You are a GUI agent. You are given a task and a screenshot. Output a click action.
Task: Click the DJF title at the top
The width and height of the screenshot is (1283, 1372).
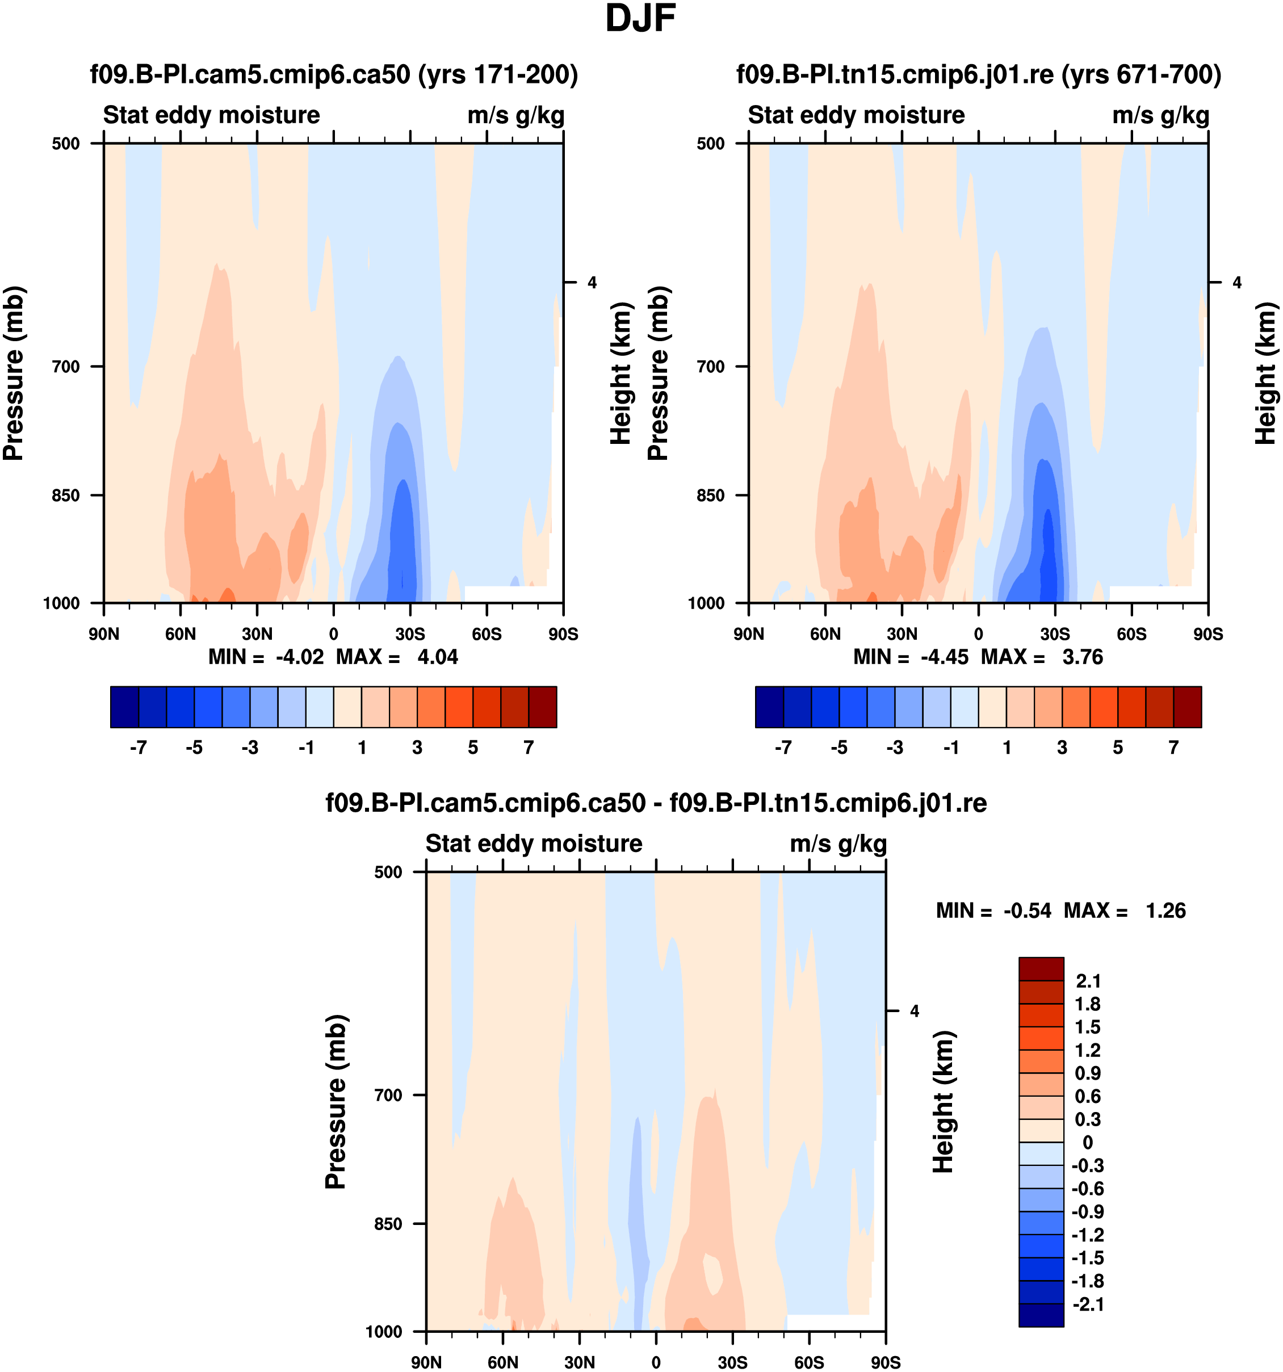pos(640,19)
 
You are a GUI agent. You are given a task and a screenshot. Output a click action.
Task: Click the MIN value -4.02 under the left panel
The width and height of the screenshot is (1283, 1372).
pos(300,657)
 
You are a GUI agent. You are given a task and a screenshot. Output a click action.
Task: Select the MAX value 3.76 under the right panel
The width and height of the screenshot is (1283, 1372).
pos(1082,657)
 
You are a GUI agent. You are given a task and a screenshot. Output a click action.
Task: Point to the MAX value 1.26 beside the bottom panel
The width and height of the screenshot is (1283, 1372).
pos(1165,911)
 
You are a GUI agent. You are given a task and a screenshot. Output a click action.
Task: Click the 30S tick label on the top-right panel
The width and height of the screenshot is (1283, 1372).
pos(1055,634)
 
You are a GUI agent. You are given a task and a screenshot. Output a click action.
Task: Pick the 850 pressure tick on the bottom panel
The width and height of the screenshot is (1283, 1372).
pos(388,1224)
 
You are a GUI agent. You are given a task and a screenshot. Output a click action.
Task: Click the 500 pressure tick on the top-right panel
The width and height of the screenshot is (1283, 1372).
pos(711,144)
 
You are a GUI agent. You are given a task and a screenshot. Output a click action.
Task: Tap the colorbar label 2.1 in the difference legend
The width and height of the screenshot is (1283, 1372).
pos(1088,981)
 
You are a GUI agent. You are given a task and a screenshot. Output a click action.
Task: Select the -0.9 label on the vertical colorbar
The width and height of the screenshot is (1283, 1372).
pos(1088,1212)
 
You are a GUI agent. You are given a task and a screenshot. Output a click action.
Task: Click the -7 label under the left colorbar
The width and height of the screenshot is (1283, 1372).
pos(138,748)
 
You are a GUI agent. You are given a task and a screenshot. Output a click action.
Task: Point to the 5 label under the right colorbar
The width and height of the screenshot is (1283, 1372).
pos(1118,748)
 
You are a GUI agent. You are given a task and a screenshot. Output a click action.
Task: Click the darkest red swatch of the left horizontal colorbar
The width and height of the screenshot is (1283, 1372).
pos(543,707)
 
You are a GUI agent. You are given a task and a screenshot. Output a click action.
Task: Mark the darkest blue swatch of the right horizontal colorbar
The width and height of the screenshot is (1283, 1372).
pos(770,707)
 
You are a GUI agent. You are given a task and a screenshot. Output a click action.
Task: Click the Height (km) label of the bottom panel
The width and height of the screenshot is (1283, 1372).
pos(944,1102)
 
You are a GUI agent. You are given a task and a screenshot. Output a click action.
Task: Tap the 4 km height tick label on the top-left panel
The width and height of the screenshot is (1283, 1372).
pos(592,282)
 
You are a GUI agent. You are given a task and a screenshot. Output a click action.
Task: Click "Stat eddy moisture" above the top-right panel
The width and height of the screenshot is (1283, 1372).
pos(857,115)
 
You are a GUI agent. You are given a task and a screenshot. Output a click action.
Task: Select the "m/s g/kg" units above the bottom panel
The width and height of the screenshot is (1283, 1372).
pos(838,844)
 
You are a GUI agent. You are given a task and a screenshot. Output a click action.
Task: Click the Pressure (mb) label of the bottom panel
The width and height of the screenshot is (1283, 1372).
pos(336,1102)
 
